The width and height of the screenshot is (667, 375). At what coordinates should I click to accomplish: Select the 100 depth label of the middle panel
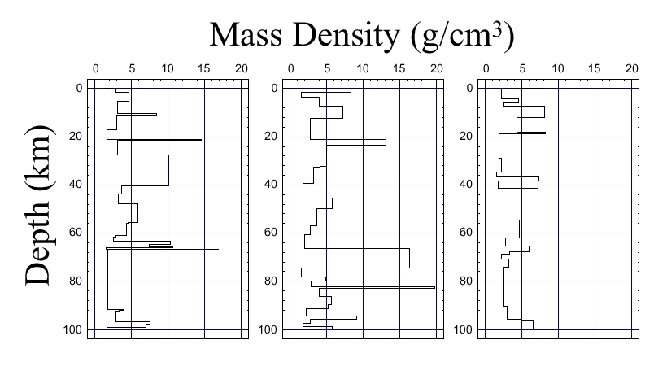pos(268,329)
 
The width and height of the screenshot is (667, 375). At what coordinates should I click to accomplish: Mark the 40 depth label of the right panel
pos(466,185)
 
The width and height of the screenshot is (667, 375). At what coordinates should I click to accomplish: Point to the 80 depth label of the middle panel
pos(271,281)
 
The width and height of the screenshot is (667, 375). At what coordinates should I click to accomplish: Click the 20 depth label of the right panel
pos(466,136)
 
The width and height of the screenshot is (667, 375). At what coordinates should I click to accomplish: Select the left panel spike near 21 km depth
pos(171,140)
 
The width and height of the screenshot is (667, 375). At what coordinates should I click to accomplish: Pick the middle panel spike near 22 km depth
pos(358,142)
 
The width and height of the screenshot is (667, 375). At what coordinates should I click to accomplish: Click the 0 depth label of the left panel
pos(79,88)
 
